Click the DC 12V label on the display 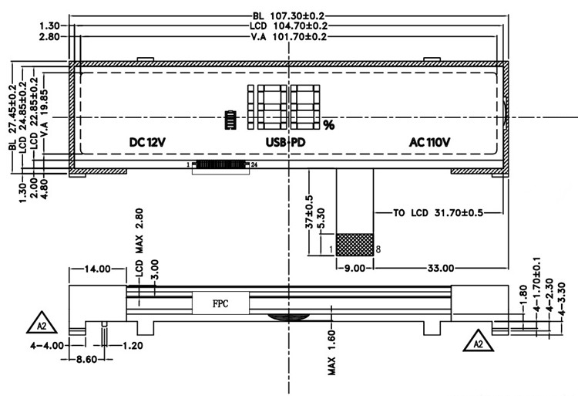coord(148,143)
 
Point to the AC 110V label coord(429,143)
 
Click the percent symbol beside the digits coord(328,124)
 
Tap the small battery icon coord(229,120)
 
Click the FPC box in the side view coord(220,303)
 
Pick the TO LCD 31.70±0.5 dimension coord(437,213)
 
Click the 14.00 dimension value coord(97,269)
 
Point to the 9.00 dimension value coord(355,268)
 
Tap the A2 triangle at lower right coord(477,340)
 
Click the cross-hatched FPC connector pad coord(355,245)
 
